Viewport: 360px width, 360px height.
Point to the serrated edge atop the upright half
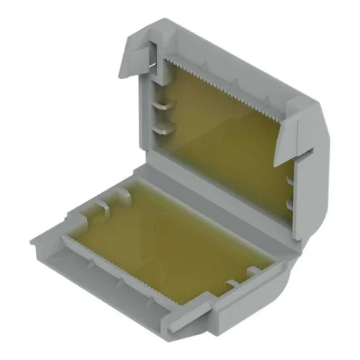click(230, 78)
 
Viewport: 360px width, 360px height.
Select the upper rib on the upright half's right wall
click(289, 177)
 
